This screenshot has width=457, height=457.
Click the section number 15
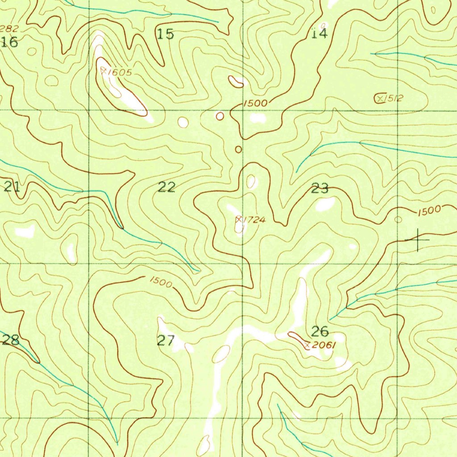click(x=166, y=34)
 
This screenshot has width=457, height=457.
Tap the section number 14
click(x=319, y=33)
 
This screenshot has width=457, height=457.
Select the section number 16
click(x=9, y=42)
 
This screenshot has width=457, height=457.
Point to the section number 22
click(x=166, y=187)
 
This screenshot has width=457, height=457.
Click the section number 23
click(x=320, y=188)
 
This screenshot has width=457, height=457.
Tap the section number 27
click(x=166, y=341)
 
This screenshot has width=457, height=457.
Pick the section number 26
click(x=320, y=331)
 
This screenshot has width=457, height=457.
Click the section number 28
click(x=11, y=341)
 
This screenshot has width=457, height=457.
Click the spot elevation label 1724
click(x=255, y=220)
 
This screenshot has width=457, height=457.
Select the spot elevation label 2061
click(x=324, y=345)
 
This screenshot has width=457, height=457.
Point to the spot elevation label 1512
click(x=394, y=98)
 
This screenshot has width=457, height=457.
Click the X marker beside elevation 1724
click(x=239, y=219)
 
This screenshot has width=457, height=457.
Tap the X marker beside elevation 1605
click(x=104, y=71)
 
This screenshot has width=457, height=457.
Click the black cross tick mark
click(x=417, y=240)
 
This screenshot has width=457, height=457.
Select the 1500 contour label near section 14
click(x=256, y=103)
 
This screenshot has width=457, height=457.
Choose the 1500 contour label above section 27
click(x=160, y=282)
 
